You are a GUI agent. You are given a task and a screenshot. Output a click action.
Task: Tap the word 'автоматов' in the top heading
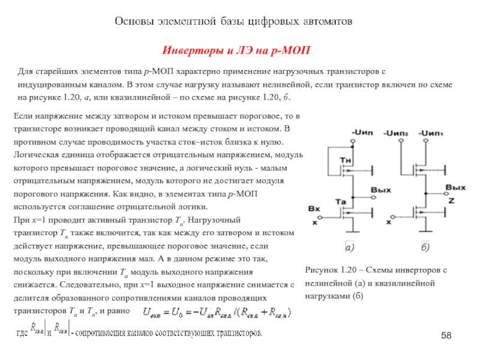[322, 22]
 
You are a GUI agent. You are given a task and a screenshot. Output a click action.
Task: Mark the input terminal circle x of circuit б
[389, 216]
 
